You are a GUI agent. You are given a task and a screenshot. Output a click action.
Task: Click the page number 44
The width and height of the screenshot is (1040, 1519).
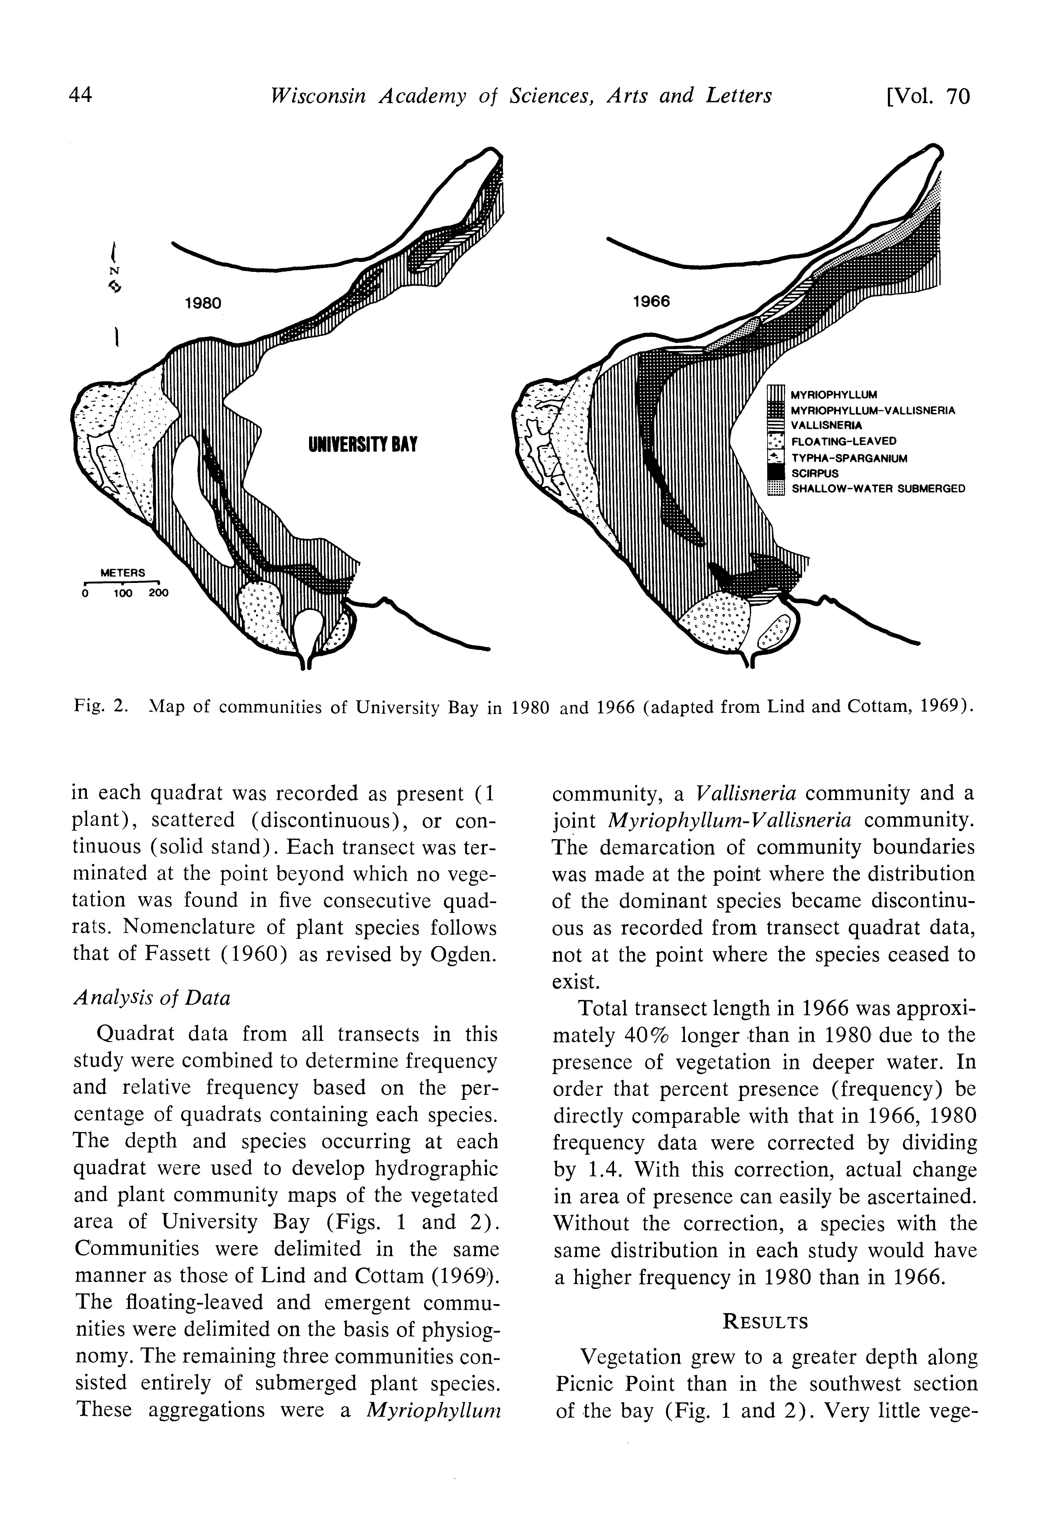(x=80, y=96)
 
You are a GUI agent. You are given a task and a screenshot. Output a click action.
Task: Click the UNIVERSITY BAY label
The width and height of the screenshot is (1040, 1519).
(x=362, y=445)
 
